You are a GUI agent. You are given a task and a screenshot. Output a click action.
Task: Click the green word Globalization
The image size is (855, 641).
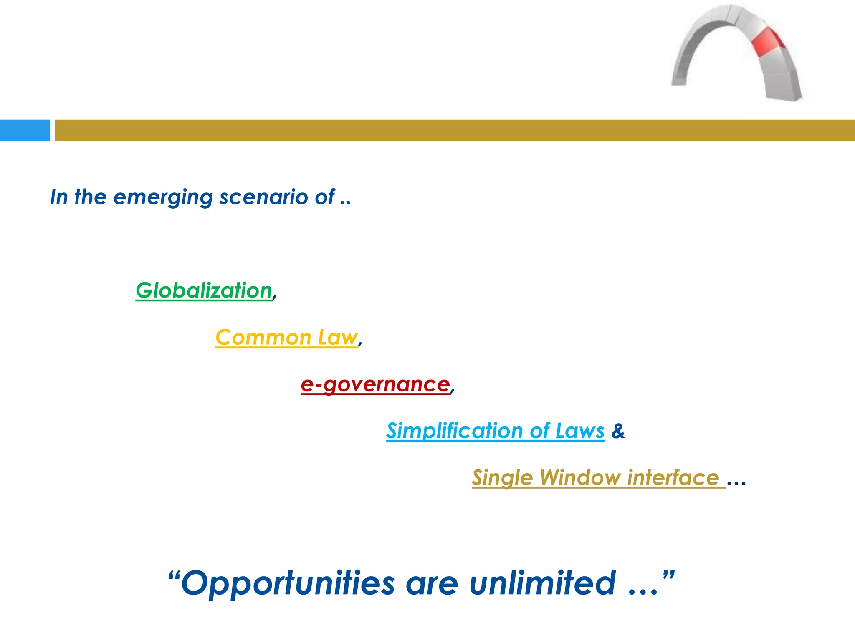click(204, 290)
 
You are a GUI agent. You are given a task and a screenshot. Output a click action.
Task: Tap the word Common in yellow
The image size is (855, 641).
click(263, 337)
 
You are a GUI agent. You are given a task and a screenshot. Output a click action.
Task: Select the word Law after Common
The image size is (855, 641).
click(338, 337)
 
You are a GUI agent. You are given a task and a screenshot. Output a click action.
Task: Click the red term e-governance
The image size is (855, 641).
click(375, 384)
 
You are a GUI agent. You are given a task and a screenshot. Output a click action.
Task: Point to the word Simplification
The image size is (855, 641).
click(454, 431)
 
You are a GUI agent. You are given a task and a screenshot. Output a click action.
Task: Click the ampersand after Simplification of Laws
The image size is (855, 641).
click(618, 431)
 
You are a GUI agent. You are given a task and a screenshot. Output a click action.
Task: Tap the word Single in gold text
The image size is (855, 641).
click(502, 478)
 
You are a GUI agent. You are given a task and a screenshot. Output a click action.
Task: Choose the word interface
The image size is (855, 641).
click(673, 477)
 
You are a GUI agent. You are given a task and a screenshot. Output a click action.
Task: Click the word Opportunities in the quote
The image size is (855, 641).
click(288, 583)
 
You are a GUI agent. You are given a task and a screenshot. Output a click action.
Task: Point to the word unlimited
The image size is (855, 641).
click(543, 583)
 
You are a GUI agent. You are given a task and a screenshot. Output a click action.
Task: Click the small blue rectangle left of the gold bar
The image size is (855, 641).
click(25, 130)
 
